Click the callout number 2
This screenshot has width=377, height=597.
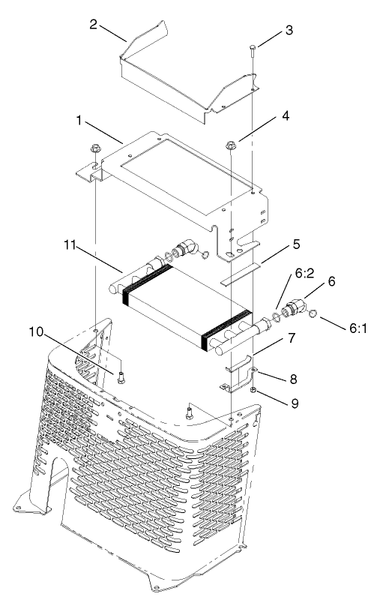[92, 23]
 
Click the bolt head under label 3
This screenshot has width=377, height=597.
[253, 49]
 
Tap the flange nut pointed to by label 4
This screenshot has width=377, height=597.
[231, 144]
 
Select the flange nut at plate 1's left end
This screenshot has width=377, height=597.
[97, 149]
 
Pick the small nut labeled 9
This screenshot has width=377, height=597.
[254, 391]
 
